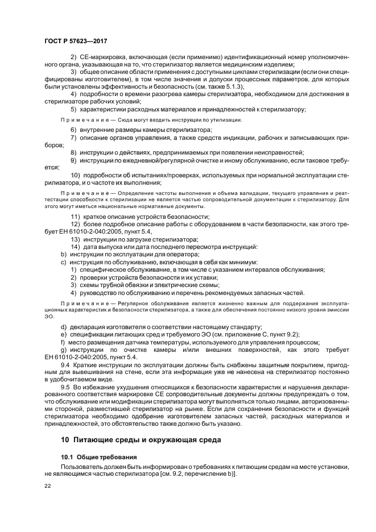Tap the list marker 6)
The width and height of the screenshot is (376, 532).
click(74, 130)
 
